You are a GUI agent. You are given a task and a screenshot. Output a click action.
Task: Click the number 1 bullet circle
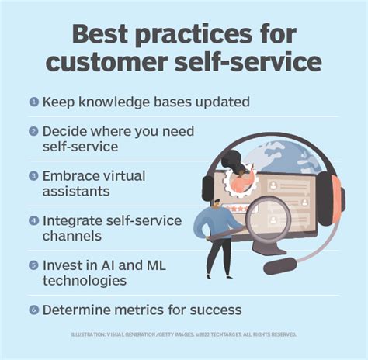33,102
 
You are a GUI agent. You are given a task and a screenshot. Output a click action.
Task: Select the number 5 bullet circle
33,266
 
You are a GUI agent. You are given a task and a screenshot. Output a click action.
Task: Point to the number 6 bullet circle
33,310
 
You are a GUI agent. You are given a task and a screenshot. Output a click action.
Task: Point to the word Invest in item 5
62,266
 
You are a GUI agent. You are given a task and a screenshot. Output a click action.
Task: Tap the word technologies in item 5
84,280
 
